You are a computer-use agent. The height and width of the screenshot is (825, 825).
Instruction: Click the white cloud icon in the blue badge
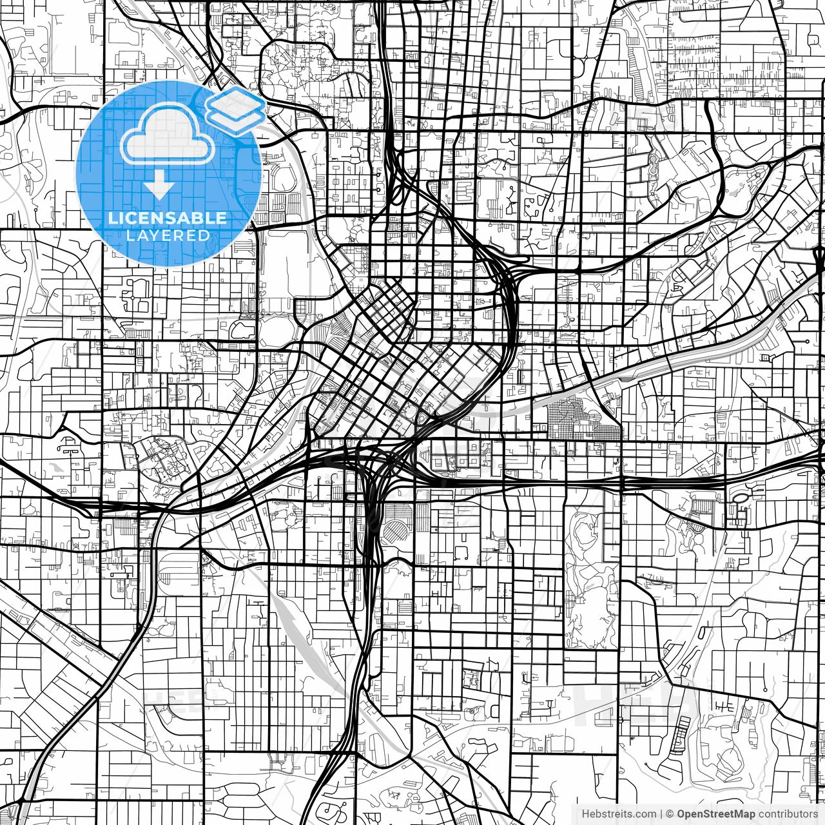pos(167,135)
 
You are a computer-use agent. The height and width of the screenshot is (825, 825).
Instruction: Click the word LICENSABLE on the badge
pos(168,218)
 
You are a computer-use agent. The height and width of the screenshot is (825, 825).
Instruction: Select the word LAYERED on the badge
pos(168,236)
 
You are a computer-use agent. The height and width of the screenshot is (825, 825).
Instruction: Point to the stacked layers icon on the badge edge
pos(236,107)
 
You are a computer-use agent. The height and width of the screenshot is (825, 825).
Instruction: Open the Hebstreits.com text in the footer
pos(619,814)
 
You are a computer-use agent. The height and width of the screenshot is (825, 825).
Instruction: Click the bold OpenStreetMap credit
pos(715,814)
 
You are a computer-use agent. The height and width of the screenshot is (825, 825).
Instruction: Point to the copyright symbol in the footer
pos(670,814)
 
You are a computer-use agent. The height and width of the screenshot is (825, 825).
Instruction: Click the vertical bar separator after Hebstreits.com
pos(661,814)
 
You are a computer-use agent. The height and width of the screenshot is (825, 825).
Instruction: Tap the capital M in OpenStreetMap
pos(742,814)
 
